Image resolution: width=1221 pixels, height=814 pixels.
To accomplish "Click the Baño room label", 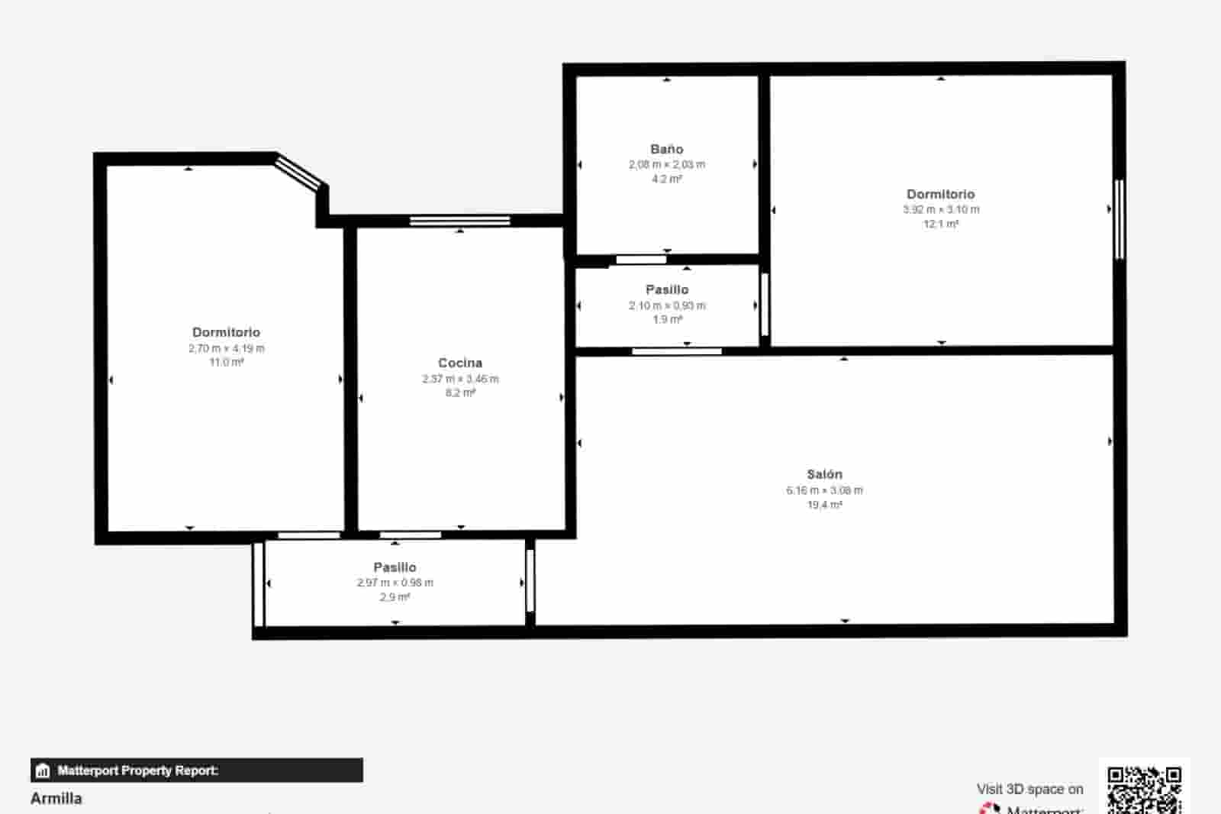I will point(666,149).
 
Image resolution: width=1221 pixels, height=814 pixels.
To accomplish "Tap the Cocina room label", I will point(459,363).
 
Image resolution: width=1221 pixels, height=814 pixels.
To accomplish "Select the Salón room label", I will point(824,474).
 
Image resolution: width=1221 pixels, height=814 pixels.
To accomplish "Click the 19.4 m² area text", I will point(824,505).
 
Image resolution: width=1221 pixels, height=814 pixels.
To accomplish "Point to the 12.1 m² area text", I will point(941,224).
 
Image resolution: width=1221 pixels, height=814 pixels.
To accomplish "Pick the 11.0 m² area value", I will point(226,362).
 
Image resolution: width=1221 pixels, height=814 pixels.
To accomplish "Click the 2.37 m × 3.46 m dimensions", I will point(459,379).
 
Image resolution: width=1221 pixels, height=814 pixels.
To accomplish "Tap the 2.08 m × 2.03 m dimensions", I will point(666,164).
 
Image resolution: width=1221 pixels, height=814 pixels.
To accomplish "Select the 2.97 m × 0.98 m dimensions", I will point(395,583).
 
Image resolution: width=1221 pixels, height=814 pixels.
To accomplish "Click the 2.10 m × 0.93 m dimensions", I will point(666,305).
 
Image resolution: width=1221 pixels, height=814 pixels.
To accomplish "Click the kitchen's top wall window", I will point(459,221).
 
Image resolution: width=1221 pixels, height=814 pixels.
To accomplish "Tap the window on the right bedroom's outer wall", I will point(1119,219).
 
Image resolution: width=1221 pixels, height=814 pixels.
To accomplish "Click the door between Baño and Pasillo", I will point(641,260).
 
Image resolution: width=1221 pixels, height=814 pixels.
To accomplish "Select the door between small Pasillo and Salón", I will point(677,351).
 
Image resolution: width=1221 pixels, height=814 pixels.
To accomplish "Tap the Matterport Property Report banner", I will point(196,770).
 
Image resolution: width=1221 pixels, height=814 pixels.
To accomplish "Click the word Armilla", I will point(56,798).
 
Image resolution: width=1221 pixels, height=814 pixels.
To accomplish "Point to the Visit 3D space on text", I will point(1029,789).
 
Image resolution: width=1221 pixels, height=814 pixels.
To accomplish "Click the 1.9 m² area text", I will point(666,320).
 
